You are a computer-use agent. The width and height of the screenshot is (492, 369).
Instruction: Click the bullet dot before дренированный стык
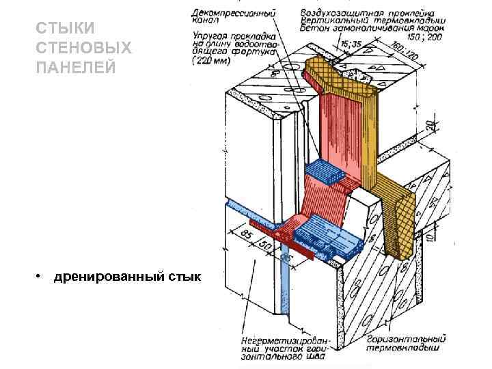(41, 276)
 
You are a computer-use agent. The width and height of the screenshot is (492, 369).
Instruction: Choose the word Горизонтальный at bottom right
(406, 338)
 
